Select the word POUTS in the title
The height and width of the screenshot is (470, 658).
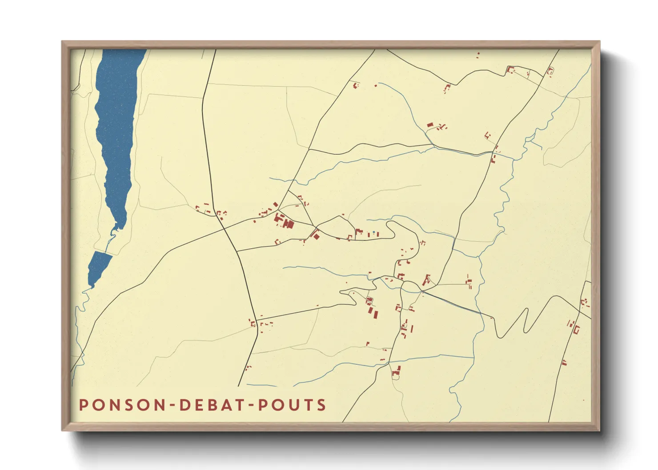point(292,405)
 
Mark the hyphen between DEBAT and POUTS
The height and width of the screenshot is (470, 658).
point(252,406)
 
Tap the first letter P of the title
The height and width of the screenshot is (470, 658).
point(83,405)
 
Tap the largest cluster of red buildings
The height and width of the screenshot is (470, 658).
point(284,221)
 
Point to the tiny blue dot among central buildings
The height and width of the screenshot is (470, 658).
point(374,232)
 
